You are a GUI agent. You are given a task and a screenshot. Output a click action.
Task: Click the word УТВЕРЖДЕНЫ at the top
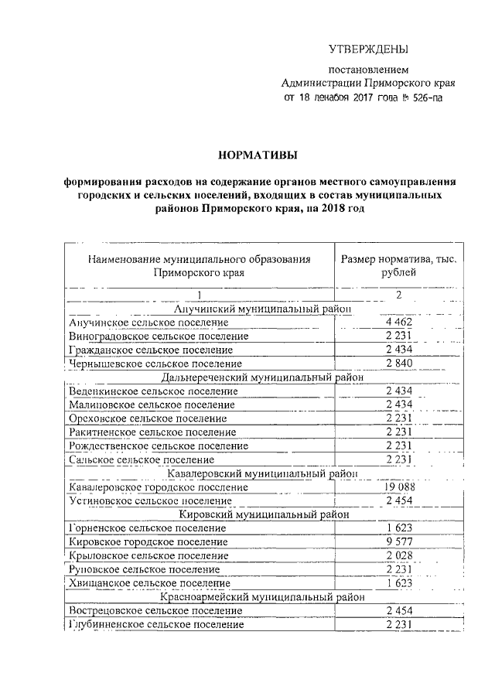tap(368, 50)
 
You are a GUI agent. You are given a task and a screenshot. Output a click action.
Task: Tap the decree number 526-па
tap(427, 98)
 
